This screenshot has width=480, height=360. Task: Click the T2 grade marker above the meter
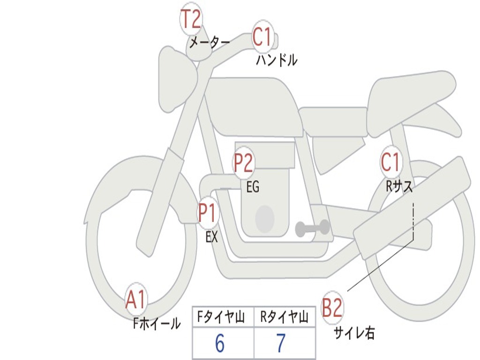click(191, 19)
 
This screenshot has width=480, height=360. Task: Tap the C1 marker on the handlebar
click(262, 36)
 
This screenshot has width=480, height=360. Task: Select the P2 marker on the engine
click(244, 162)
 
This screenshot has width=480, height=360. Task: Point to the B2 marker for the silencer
click(332, 307)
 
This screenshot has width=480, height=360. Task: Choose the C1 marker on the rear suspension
click(390, 162)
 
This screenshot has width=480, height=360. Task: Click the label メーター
click(210, 42)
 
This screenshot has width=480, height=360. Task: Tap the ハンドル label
click(277, 60)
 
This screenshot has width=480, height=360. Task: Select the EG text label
click(253, 187)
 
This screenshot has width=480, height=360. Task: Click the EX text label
click(211, 237)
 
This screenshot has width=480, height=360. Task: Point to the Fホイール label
click(157, 323)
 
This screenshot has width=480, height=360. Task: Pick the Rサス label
click(399, 186)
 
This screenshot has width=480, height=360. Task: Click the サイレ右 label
click(354, 333)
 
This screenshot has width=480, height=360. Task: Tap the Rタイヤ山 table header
click(284, 317)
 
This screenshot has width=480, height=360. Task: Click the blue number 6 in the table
click(220, 343)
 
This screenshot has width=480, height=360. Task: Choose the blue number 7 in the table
click(281, 343)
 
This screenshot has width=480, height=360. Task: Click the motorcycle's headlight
click(177, 79)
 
